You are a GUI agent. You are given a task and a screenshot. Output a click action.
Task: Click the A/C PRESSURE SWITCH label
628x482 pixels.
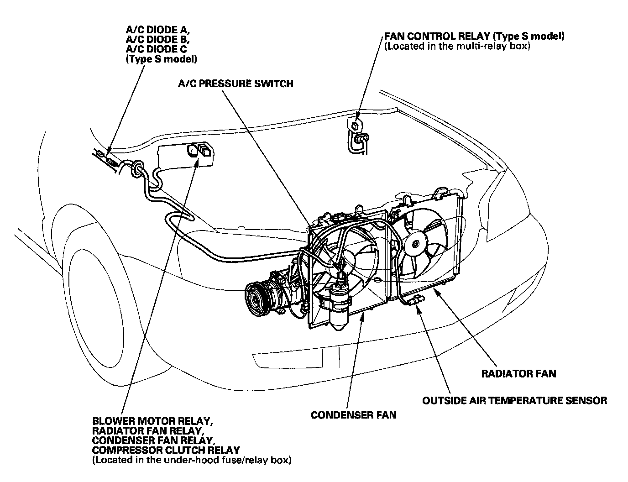tap(235, 84)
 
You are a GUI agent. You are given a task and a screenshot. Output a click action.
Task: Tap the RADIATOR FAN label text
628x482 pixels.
tap(519, 374)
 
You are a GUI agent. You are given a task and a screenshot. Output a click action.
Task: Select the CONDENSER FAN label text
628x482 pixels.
tap(353, 415)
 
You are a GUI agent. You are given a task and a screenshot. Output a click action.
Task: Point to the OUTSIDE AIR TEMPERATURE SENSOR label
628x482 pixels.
tap(514, 400)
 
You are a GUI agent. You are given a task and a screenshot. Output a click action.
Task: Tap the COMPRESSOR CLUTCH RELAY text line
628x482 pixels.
tap(166, 450)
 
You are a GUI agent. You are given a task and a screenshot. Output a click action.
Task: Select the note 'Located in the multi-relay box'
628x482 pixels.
tap(457, 46)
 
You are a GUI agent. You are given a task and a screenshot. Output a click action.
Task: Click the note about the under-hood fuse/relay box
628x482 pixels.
tap(191, 460)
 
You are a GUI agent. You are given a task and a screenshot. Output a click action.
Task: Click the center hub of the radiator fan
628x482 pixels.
tap(415, 244)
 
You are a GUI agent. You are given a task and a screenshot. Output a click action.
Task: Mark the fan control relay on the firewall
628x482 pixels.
tap(356, 124)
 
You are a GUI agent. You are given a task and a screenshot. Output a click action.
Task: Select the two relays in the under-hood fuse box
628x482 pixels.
tap(199, 150)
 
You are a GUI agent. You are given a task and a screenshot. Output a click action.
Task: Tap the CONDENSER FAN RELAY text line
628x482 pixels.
tap(153, 440)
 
